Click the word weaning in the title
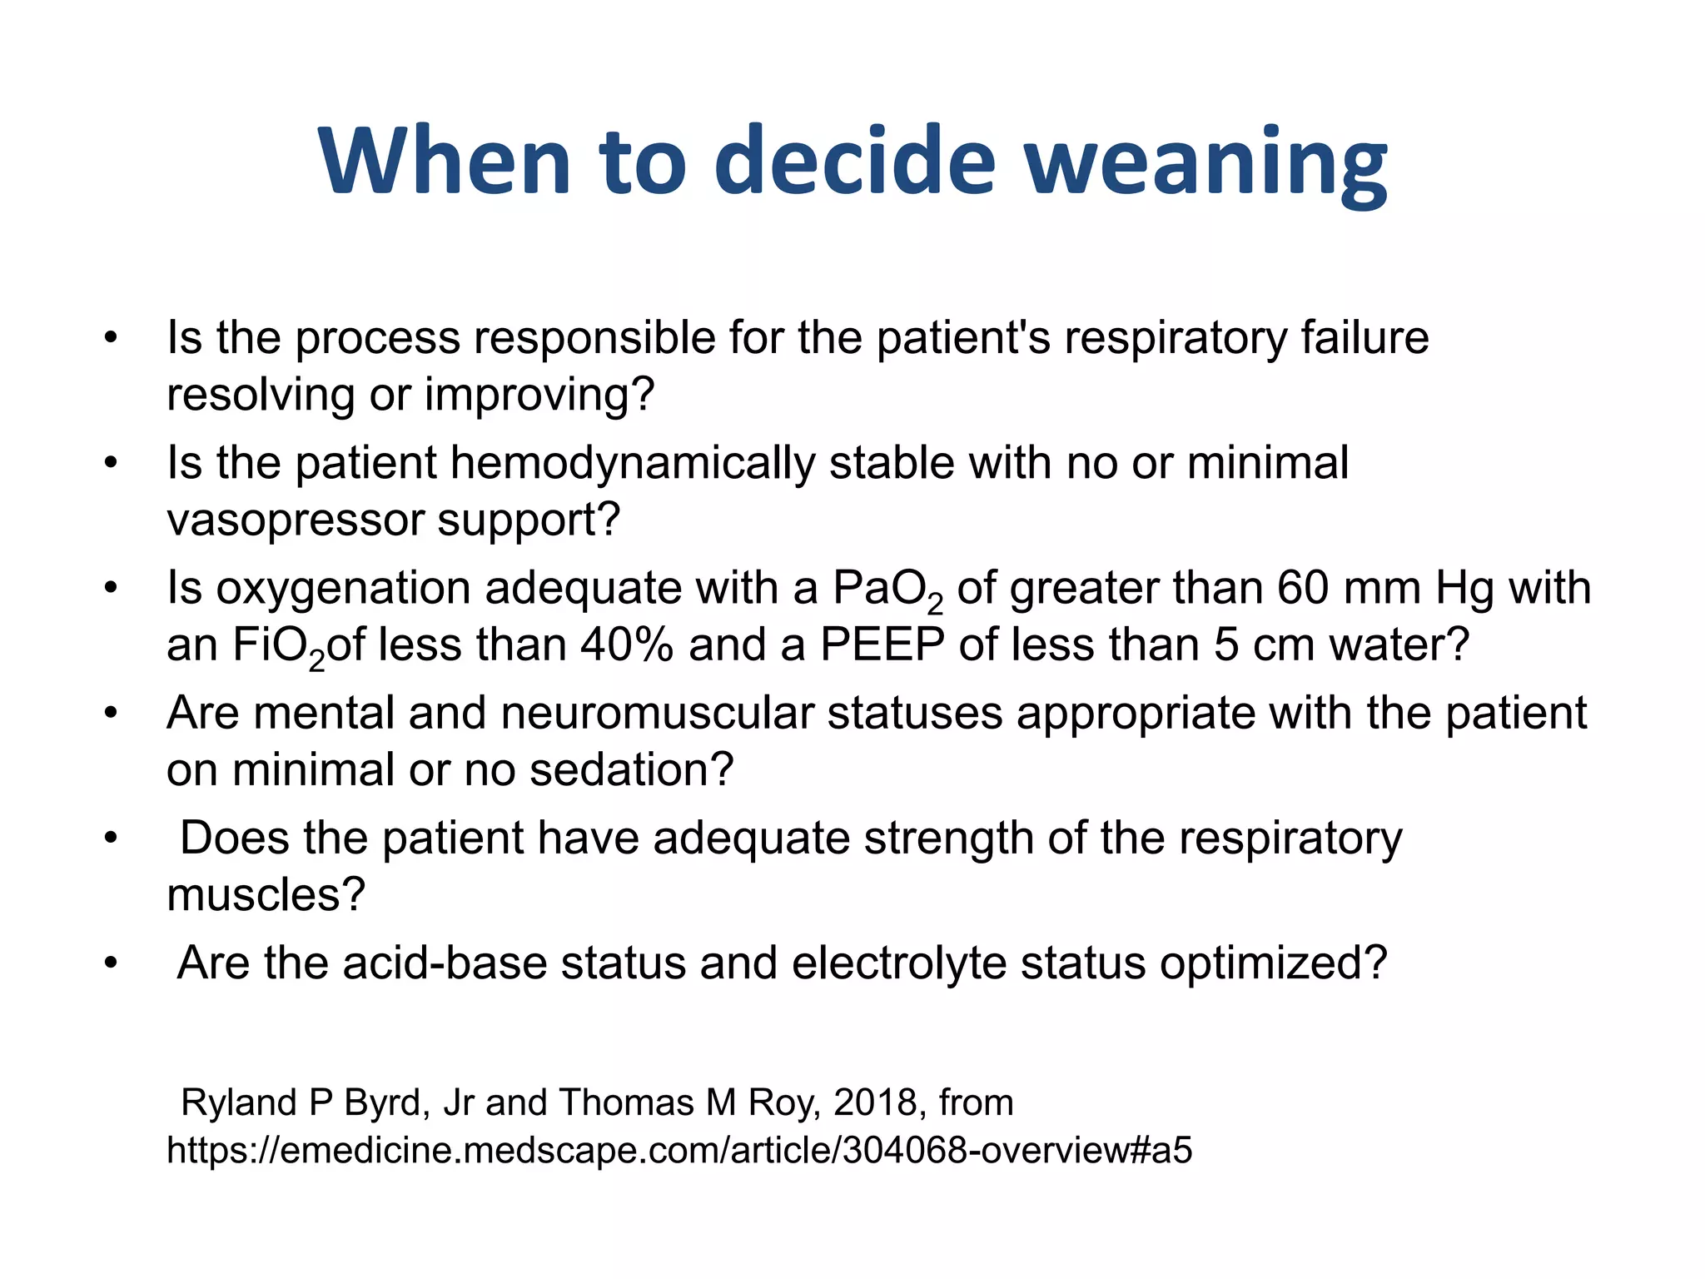coord(1205,162)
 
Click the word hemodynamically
coord(632,463)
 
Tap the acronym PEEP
coord(882,645)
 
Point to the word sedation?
coord(632,770)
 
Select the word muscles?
coord(266,896)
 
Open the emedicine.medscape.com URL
coord(679,1151)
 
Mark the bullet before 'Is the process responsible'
coord(111,339)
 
